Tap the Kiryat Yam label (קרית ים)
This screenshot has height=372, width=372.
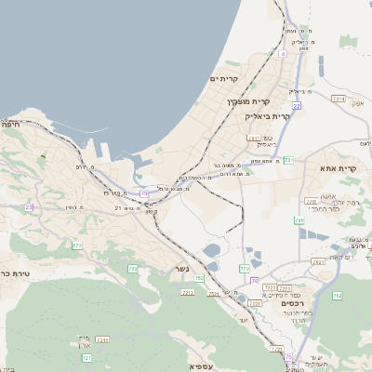pos(224,79)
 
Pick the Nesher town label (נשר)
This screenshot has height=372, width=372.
pos(182,270)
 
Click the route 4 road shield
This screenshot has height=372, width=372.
pos(282,53)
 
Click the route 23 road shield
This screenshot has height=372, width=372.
pos(29,206)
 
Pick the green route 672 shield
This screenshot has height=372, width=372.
pos(77,245)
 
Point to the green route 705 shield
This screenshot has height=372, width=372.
pos(132,268)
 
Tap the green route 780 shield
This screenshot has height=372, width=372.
pos(299,220)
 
